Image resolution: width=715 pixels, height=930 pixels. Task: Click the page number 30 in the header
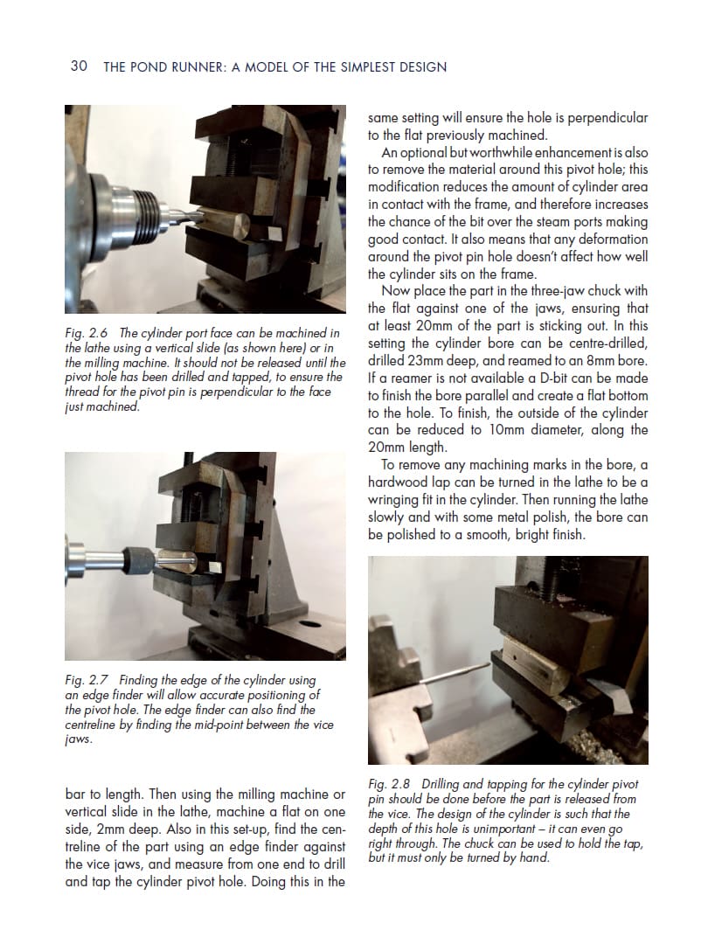(x=78, y=66)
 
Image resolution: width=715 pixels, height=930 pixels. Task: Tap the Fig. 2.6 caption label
(x=87, y=333)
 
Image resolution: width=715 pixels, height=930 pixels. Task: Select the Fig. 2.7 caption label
(x=87, y=680)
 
